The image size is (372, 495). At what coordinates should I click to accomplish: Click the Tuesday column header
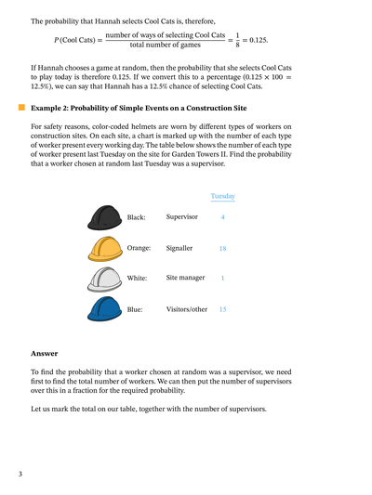coord(222,196)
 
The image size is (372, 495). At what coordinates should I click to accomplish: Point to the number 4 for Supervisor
coord(222,217)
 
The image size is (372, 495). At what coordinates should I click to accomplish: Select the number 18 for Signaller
coord(222,249)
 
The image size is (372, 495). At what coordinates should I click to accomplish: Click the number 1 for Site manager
coord(222,278)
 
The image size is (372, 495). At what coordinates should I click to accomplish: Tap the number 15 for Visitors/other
coord(222,308)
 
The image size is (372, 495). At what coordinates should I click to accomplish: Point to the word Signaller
coord(179,249)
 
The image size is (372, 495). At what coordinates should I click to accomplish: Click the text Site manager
coord(186,278)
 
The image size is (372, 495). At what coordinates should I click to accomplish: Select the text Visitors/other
coord(187,308)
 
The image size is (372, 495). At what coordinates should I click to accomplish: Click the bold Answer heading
coord(44,353)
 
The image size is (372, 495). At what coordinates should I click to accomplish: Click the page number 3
coord(20,475)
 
